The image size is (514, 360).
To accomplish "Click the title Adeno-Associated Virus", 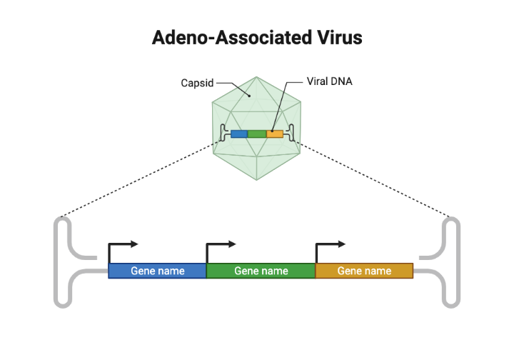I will click(x=257, y=37).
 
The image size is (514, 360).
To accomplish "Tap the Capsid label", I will click(x=196, y=83).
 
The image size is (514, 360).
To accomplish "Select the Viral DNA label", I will click(x=329, y=81).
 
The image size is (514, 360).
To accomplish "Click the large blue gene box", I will click(x=157, y=271).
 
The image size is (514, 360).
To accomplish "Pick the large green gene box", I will click(x=261, y=271).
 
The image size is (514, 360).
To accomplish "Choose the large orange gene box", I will click(x=364, y=271).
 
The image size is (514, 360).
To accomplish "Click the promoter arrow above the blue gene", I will click(x=121, y=245).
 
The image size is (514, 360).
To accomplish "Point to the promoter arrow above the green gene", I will click(x=220, y=245).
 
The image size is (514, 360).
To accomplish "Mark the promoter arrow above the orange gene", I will click(x=329, y=245).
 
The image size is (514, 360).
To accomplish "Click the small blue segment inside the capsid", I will click(x=239, y=134).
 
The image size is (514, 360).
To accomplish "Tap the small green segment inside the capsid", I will click(x=257, y=134).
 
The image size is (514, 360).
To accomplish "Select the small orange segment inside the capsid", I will click(x=275, y=134).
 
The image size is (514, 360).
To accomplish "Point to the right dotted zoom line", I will click(x=375, y=179).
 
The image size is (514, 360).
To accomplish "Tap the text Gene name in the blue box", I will click(x=157, y=271).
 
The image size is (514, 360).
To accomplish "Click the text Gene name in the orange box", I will click(x=364, y=271).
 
